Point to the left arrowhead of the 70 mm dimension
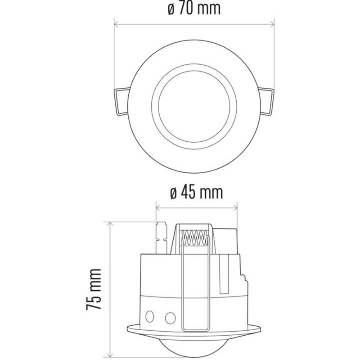click(117, 24)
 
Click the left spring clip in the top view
click(120, 100)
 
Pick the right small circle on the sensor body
click(170, 318)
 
